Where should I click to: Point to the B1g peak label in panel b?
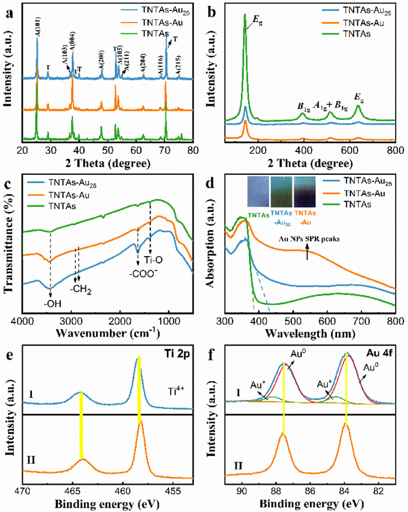pos(303,106)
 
